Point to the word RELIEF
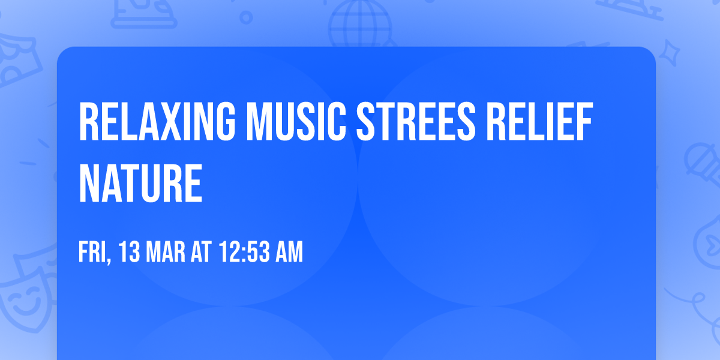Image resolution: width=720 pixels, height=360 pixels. point(539,122)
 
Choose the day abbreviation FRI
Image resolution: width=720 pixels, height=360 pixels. point(92,253)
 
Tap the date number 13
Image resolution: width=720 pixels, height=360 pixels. point(130,253)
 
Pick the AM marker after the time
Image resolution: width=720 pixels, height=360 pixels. point(289,253)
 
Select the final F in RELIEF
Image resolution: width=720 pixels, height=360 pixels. point(584,122)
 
